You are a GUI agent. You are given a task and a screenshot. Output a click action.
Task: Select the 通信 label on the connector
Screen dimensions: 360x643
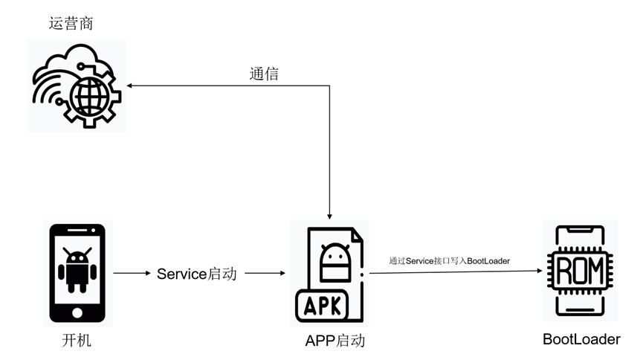(x=265, y=74)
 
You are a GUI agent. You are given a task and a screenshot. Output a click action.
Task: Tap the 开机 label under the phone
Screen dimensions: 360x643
(x=77, y=341)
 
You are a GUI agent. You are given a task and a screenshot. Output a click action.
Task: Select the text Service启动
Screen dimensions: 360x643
(x=197, y=274)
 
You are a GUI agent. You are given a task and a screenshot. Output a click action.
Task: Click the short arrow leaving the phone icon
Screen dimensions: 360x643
(x=132, y=274)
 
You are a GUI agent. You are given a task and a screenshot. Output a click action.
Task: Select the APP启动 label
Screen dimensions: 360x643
(x=335, y=341)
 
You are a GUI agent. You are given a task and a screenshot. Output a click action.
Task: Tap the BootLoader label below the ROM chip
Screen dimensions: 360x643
(x=581, y=340)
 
